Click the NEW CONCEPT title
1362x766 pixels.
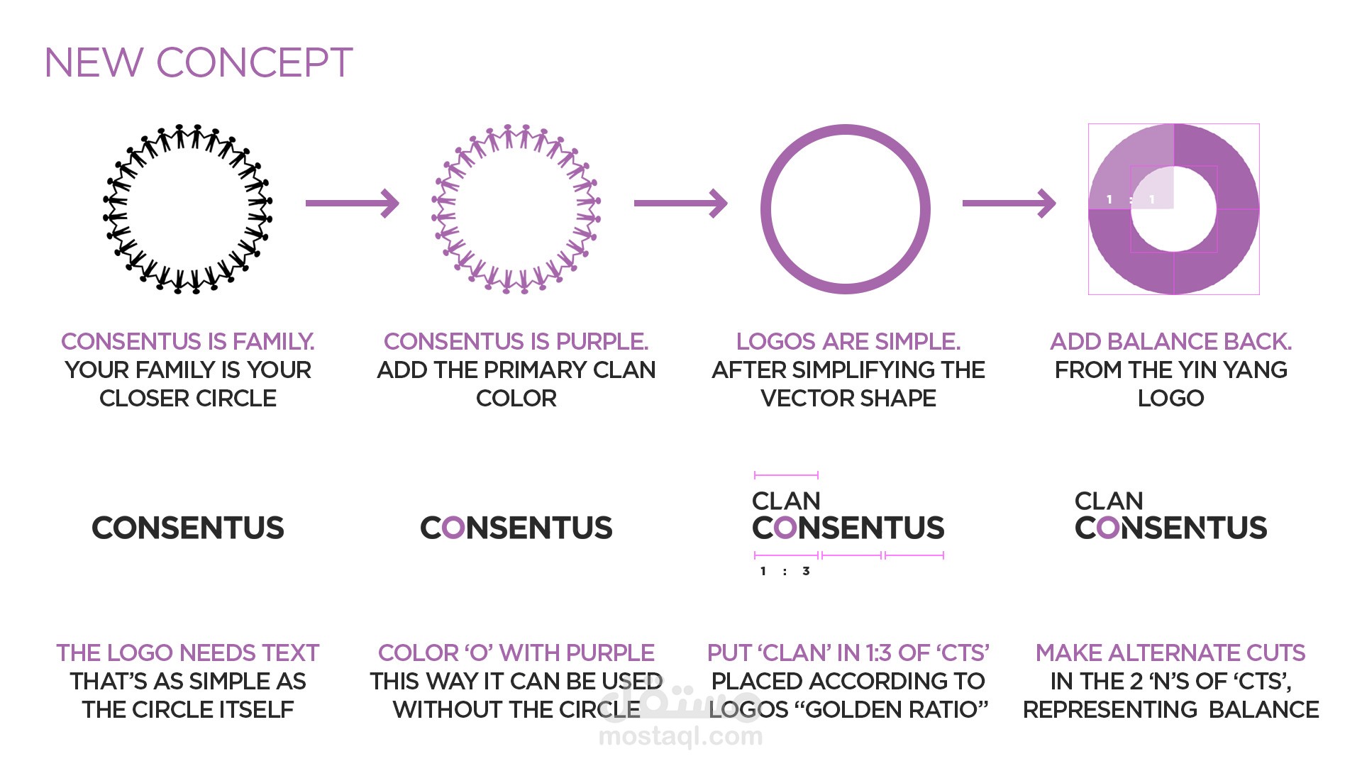[x=199, y=62]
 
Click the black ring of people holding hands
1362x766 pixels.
[x=188, y=209]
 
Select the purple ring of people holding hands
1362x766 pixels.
[x=516, y=209]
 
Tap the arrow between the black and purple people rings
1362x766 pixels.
[x=353, y=203]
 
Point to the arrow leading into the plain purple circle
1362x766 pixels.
[x=681, y=203]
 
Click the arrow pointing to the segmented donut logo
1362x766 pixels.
[x=1009, y=203]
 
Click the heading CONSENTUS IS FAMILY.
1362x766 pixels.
[x=188, y=341]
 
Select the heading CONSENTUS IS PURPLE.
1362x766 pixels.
[x=516, y=341]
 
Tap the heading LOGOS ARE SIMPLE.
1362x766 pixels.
[x=848, y=341]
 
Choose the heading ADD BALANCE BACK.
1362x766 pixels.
[x=1171, y=341]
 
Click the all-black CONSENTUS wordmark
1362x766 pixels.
[x=188, y=528]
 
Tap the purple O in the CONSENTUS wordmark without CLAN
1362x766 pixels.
[x=454, y=528]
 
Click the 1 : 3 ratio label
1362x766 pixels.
[x=785, y=571]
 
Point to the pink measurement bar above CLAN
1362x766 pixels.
[x=786, y=474]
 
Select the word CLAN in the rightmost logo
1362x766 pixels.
[x=1109, y=501]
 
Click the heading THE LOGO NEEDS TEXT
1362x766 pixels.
[x=188, y=653]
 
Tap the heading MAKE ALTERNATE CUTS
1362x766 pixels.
[x=1171, y=653]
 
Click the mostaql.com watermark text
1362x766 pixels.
[x=681, y=736]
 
